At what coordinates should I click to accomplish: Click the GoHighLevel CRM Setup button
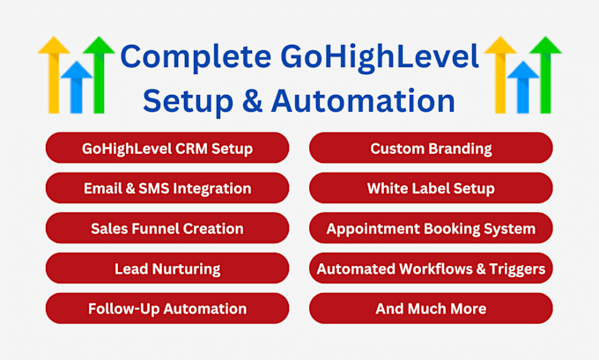(x=167, y=148)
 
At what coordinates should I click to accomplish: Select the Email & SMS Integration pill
(x=167, y=188)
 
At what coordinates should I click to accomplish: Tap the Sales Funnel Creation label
(x=167, y=228)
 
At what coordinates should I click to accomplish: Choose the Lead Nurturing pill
(x=167, y=268)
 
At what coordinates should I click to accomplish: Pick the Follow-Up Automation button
(x=167, y=308)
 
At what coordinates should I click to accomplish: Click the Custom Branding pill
(x=431, y=148)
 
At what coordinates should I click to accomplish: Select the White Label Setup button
(x=431, y=188)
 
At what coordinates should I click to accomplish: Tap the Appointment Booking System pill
(x=431, y=228)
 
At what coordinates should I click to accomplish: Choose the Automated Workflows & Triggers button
(x=431, y=268)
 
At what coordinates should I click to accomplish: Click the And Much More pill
(x=431, y=308)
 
